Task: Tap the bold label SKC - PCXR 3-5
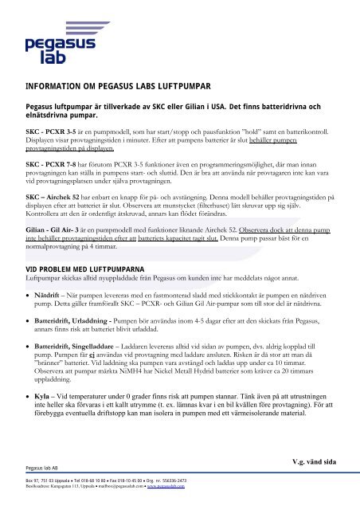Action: (50, 128)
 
